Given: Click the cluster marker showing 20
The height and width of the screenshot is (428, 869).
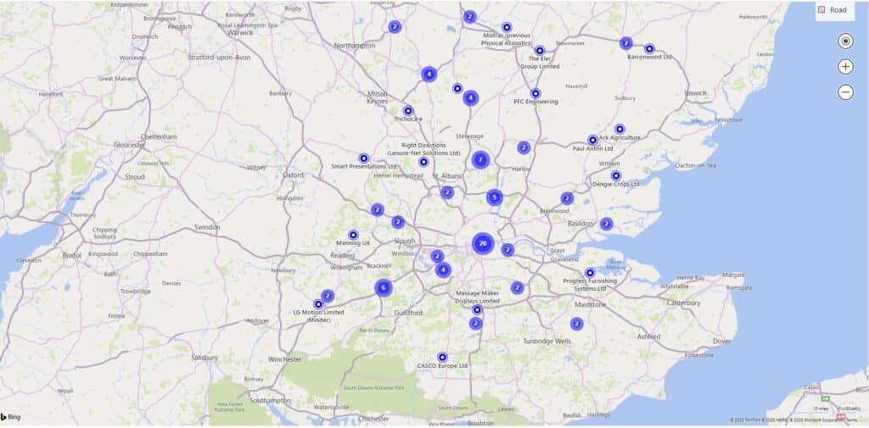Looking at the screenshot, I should (483, 244).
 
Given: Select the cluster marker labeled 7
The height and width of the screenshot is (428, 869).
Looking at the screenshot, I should (480, 158).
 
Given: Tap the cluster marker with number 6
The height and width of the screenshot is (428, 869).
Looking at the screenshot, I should (384, 287).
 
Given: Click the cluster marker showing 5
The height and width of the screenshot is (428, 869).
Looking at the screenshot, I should (494, 197).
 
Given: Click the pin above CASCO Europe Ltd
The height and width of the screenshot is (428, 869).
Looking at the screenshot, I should (442, 357).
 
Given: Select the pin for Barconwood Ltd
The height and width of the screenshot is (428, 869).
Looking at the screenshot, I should (649, 48).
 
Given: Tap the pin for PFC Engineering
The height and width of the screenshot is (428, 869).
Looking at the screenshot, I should (535, 93).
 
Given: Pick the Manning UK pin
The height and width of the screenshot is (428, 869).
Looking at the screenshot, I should (354, 234).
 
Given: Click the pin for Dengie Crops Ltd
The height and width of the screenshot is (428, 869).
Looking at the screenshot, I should (616, 175).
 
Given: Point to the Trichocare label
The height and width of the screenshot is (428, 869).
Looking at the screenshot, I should (408, 120).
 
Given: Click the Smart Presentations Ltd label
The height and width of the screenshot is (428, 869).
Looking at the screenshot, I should (364, 166).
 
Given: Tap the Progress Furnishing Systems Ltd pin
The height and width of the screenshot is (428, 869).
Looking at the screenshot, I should (590, 273).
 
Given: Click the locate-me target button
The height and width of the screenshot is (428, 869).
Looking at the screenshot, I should (845, 41).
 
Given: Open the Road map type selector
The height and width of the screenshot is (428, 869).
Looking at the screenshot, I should (833, 10).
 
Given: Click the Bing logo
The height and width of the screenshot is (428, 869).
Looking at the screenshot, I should (11, 418).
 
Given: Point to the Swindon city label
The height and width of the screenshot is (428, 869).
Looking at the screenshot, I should (206, 227).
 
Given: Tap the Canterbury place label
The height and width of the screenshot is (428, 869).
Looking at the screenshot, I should (683, 303).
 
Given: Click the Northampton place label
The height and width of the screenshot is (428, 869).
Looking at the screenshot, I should (355, 45).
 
